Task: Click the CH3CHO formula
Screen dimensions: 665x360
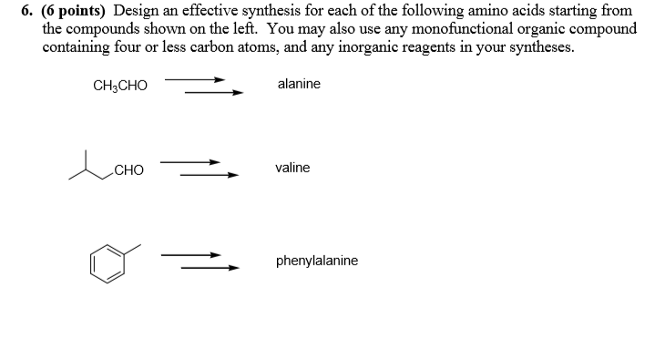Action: click(119, 86)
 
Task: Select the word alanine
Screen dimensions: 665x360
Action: click(299, 84)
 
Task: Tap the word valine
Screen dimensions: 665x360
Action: click(292, 168)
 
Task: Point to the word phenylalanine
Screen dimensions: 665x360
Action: click(317, 261)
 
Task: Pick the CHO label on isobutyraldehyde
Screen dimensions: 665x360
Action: click(129, 170)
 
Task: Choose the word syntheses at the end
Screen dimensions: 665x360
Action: click(543, 46)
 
